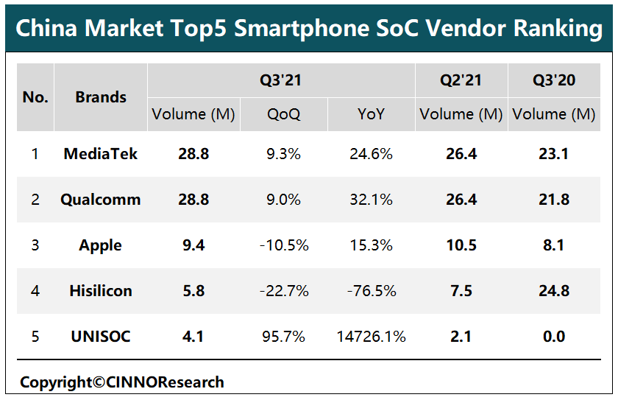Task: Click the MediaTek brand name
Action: [101, 154]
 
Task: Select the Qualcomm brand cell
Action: [101, 200]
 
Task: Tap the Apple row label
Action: [101, 245]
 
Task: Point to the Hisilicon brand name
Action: [101, 291]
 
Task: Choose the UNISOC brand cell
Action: [101, 337]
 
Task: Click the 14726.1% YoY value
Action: [372, 337]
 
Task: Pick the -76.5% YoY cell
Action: [372, 291]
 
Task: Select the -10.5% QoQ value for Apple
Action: [284, 245]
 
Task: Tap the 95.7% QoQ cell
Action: [284, 337]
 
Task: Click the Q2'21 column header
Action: [461, 80]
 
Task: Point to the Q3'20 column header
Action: [554, 80]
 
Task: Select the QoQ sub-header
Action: [284, 114]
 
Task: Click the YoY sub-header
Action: [372, 114]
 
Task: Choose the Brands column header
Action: [101, 97]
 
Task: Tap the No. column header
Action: [35, 97]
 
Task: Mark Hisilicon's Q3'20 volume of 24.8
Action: [554, 291]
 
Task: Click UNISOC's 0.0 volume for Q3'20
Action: [554, 337]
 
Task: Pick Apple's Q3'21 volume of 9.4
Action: [193, 245]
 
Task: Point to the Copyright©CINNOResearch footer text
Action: [121, 382]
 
